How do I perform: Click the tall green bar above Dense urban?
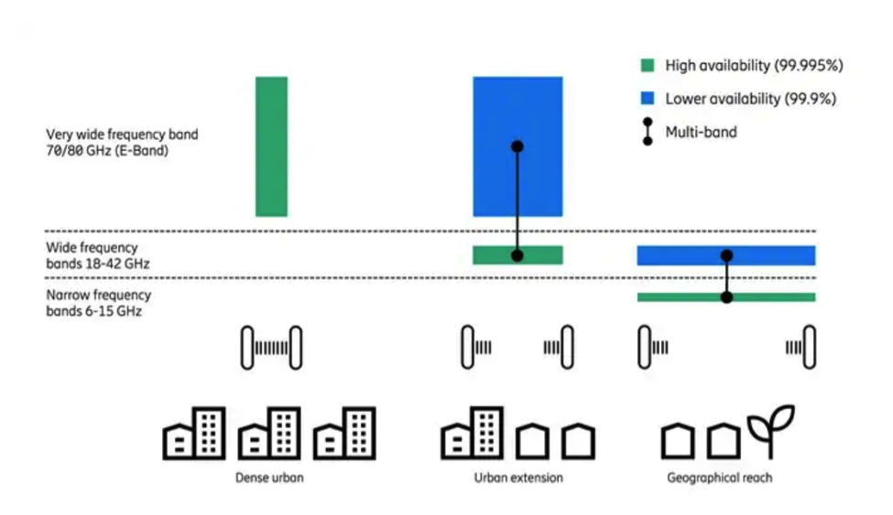point(271,146)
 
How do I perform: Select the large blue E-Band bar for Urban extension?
point(517,110)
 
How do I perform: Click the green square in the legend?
point(648,66)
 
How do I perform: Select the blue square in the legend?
point(648,99)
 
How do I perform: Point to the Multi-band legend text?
point(701,132)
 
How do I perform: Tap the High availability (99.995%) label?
point(754,66)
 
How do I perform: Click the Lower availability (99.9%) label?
point(750,99)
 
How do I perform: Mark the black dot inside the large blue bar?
point(517,146)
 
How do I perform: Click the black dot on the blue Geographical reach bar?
point(726,255)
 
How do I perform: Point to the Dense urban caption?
point(269,477)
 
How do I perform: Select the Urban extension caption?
point(518,477)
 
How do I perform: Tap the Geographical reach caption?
point(719,477)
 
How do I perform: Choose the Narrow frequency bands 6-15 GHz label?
point(99,303)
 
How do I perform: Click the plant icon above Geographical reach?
point(770,431)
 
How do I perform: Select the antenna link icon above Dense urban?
point(271,347)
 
